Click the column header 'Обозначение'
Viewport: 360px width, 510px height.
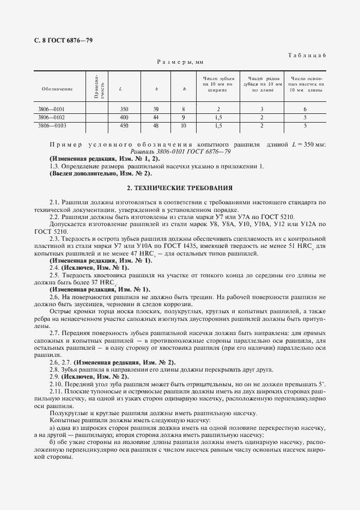point(57,88)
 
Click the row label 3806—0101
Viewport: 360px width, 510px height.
point(51,109)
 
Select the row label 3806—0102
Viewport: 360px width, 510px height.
point(51,117)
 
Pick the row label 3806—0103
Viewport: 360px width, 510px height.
point(51,125)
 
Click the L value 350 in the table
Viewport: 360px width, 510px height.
point(124,109)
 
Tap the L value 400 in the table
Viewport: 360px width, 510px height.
point(124,117)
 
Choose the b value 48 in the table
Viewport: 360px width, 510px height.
point(156,125)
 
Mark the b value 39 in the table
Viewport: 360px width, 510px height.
point(156,109)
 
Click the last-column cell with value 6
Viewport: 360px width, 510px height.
point(306,109)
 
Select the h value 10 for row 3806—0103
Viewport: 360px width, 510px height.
point(184,125)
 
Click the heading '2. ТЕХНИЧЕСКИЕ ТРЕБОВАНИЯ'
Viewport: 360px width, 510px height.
point(180,187)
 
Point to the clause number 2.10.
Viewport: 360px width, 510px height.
point(56,385)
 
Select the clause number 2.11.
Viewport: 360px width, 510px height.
point(56,392)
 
